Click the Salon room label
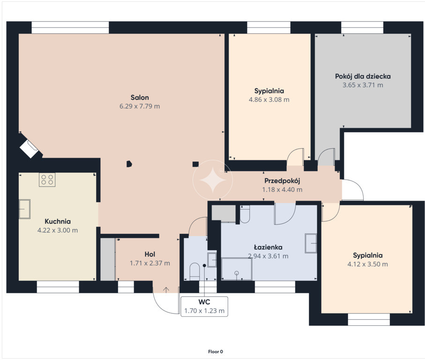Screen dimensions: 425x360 [140, 97]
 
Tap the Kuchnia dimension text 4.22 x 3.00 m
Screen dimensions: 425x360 [58, 231]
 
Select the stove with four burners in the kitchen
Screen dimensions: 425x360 [47, 180]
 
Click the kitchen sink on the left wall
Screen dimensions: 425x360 [24, 209]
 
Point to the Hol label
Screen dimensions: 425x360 [150, 254]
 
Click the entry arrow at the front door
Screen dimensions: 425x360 [166, 290]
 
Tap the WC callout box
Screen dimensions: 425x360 [204, 306]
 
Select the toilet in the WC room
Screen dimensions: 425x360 [194, 271]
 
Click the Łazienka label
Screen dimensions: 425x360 [268, 247]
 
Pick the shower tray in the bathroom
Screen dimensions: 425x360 [237, 269]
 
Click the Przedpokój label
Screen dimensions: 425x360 [282, 181]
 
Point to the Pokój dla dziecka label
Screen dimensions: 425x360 [363, 76]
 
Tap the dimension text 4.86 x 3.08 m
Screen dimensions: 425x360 [269, 100]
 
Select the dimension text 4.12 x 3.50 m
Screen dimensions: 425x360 [367, 264]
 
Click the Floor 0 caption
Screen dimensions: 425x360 [216, 352]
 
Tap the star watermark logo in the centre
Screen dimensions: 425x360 [213, 180]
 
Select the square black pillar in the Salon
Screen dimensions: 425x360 [195, 164]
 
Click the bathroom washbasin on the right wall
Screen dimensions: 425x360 [311, 243]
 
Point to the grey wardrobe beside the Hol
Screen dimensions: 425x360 [108, 259]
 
